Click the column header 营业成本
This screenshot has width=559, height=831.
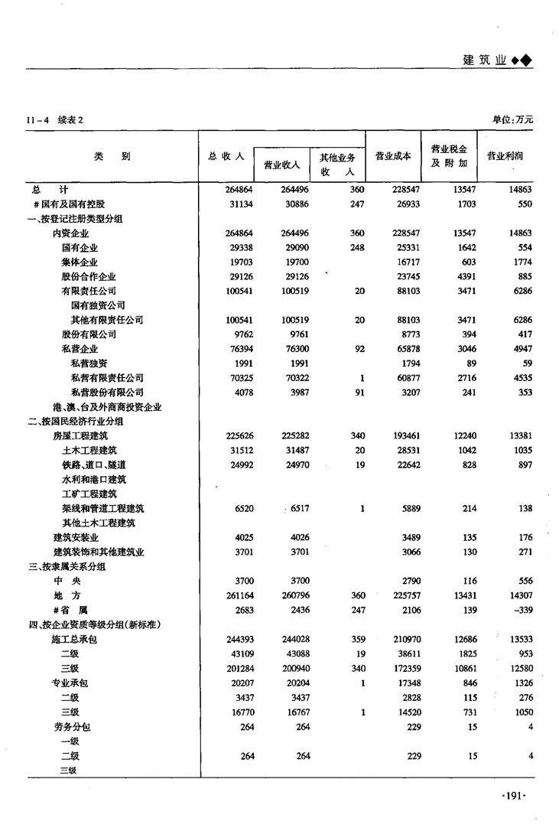click(393, 155)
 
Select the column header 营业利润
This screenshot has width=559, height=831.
click(505, 155)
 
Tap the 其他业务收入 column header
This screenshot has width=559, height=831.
click(337, 165)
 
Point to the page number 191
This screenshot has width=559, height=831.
click(513, 797)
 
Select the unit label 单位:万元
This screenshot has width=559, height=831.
click(512, 119)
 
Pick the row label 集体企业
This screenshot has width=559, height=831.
click(80, 262)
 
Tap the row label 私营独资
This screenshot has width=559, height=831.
click(89, 363)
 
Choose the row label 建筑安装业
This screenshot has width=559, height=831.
click(75, 537)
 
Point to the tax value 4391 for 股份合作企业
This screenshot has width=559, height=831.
click(463, 276)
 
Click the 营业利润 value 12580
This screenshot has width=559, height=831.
click(516, 668)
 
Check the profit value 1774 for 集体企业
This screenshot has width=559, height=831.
click(518, 262)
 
